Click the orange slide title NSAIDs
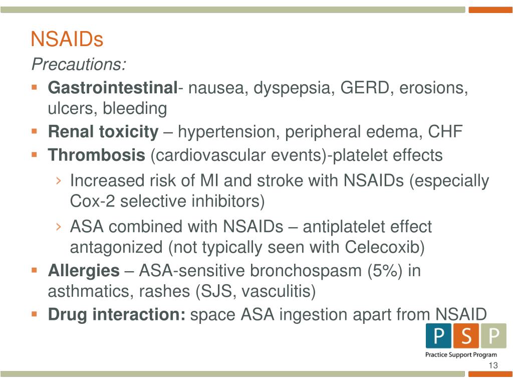(x=67, y=39)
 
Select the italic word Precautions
(x=79, y=65)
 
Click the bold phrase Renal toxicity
(x=103, y=132)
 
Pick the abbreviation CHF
(x=445, y=132)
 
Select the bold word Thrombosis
(x=96, y=155)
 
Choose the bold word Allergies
(x=84, y=271)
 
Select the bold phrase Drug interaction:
(x=117, y=315)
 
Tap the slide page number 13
(x=493, y=365)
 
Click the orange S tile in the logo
(x=466, y=336)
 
